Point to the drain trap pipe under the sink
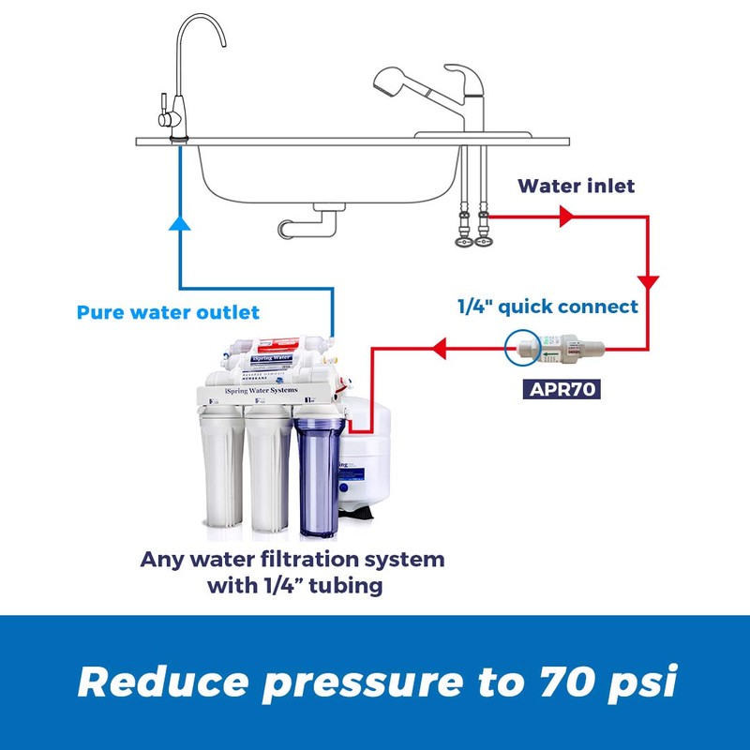[x=309, y=222]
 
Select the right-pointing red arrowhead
[x=566, y=217]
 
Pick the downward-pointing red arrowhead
[x=648, y=282]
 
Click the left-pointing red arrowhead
[x=438, y=350]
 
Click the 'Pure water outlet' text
[x=168, y=311]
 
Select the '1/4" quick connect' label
[x=547, y=307]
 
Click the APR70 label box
[x=561, y=386]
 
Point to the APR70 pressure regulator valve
[x=562, y=350]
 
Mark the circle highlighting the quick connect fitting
[x=521, y=349]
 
